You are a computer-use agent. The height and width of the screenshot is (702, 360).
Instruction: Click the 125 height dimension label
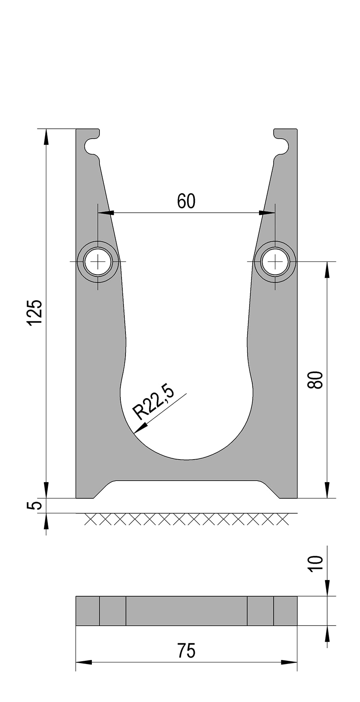(35, 313)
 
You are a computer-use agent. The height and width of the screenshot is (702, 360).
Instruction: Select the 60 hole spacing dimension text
(186, 201)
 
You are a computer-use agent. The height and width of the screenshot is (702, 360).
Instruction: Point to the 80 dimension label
(316, 380)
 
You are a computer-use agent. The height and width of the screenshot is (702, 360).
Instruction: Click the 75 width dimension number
(186, 650)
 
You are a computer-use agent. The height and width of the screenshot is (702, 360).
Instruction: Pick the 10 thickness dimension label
(316, 563)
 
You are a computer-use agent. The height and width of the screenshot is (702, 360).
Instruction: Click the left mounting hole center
(98, 261)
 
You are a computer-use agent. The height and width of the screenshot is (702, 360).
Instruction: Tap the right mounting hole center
(275, 261)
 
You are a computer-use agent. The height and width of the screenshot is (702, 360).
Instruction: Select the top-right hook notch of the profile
(281, 146)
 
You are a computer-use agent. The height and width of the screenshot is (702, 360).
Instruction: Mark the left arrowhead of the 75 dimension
(84, 662)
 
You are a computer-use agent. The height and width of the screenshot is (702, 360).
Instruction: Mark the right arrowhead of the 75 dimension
(290, 662)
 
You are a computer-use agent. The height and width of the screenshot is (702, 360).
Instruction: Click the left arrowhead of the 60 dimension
(106, 213)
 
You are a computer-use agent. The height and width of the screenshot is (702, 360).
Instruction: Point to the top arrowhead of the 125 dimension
(46, 137)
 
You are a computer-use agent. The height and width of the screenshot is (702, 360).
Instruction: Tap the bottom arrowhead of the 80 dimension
(327, 490)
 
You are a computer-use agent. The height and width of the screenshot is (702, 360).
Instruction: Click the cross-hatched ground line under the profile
(186, 519)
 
